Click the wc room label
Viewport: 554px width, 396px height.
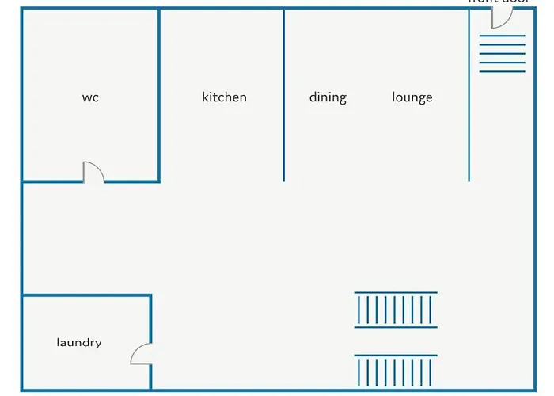90,97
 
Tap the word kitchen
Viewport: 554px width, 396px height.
224,97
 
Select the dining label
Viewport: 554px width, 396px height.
328,97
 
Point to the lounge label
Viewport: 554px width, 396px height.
412,97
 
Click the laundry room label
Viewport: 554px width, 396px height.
79,343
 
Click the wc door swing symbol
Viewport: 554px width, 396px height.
93,172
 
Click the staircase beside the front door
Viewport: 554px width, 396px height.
502,54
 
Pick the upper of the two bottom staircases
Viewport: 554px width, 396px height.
396,310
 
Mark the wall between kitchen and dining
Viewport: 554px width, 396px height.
284,95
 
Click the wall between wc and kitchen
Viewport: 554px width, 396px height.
160,95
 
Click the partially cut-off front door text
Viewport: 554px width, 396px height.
498,2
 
